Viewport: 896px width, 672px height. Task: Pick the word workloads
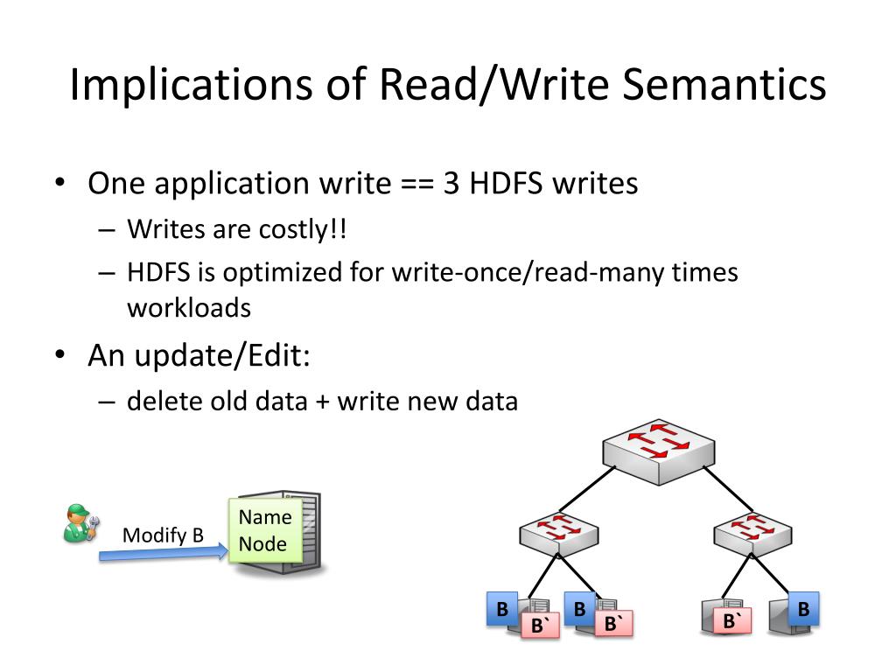(x=189, y=308)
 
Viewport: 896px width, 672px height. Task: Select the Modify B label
(x=163, y=535)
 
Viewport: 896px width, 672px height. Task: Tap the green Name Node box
(x=264, y=530)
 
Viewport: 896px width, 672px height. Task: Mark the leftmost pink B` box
(x=539, y=625)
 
